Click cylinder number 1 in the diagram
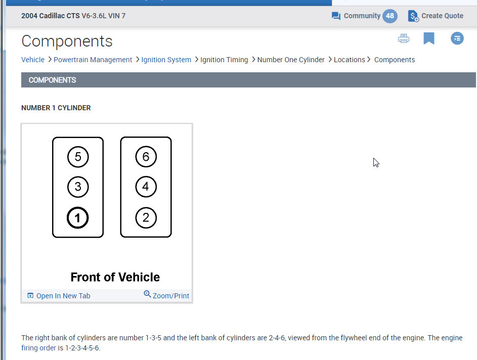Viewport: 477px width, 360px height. coord(78,218)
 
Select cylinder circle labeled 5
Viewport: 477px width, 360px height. coord(78,157)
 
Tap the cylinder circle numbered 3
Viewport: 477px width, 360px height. coord(78,187)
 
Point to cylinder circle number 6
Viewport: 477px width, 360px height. coord(146,157)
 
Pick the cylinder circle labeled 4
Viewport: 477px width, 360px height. coord(146,187)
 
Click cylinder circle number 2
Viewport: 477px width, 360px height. coord(146,218)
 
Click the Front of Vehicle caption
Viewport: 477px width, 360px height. coord(115,277)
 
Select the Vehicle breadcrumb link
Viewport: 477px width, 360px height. coord(33,60)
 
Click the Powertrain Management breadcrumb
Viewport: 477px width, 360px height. coord(93,60)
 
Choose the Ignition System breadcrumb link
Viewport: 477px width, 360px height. coord(166,60)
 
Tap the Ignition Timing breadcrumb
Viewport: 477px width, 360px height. coord(224,60)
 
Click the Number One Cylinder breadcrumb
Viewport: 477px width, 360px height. coord(291,60)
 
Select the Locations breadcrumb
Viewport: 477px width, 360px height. coord(349,60)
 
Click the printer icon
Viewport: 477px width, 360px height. coord(404,38)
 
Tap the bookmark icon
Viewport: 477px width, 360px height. coord(429,38)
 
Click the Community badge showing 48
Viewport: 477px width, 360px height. coord(389,16)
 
